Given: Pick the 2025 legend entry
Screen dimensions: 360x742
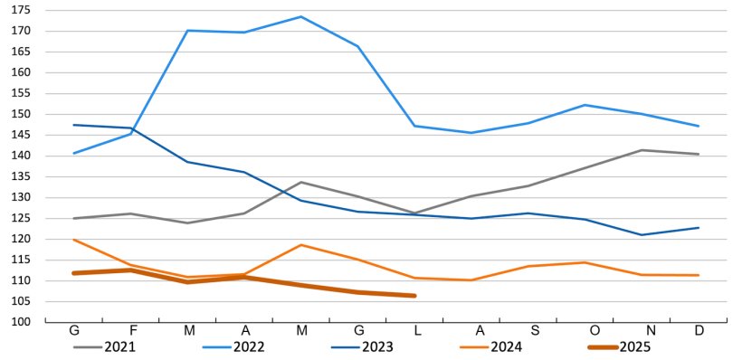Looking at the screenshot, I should pyautogui.click(x=634, y=346).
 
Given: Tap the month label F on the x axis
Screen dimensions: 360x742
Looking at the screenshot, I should pyautogui.click(x=131, y=331).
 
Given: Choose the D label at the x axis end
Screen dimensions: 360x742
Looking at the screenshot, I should pyautogui.click(x=699, y=331).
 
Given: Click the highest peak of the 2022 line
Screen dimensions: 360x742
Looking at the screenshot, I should pyautogui.click(x=300, y=16).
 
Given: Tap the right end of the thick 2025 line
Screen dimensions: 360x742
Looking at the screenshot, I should pyautogui.click(x=414, y=296).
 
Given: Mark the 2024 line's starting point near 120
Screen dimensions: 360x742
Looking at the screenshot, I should pyautogui.click(x=74, y=240).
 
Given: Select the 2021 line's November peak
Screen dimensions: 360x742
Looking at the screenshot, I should pyautogui.click(x=642, y=150).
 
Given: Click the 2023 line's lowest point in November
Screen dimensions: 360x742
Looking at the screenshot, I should pyautogui.click(x=642, y=235).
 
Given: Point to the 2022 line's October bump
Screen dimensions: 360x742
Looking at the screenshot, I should pyautogui.click(x=585, y=105).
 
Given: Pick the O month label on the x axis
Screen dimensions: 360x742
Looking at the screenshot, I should pyautogui.click(x=585, y=331).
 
